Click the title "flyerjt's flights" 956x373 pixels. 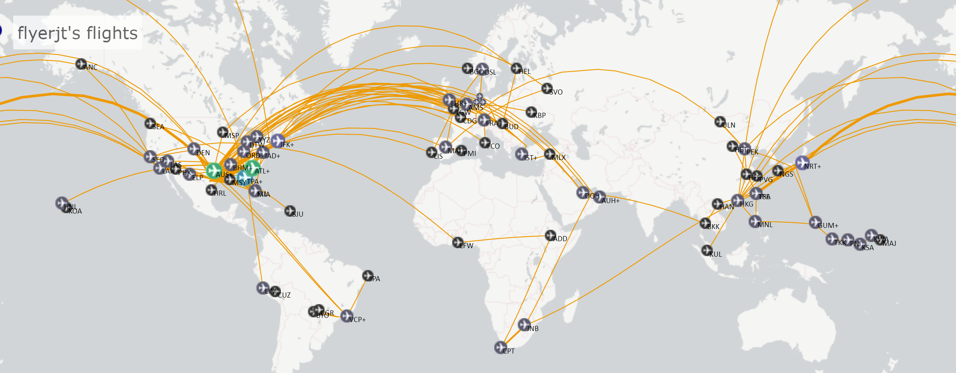tap(78, 33)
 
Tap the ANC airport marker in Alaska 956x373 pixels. tap(81, 64)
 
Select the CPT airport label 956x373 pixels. tap(509, 351)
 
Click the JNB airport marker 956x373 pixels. tap(524, 324)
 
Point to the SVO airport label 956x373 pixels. tap(556, 92)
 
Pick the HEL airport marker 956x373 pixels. tap(516, 68)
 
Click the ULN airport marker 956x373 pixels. tap(720, 122)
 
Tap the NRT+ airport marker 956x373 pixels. tap(802, 163)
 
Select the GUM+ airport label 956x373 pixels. tap(828, 226)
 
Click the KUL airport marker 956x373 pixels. tap(707, 250)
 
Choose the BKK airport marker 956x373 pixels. tap(705, 223)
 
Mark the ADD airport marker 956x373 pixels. tap(550, 235)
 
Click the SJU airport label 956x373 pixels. tap(298, 214)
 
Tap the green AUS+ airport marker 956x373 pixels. tap(214, 170)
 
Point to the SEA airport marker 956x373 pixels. tap(150, 123)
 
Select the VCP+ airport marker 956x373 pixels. tap(347, 316)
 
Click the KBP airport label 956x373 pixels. tap(540, 116)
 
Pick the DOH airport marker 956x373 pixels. tap(583, 192)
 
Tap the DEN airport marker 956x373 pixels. tap(193, 148)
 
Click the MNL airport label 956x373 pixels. tap(765, 225)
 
